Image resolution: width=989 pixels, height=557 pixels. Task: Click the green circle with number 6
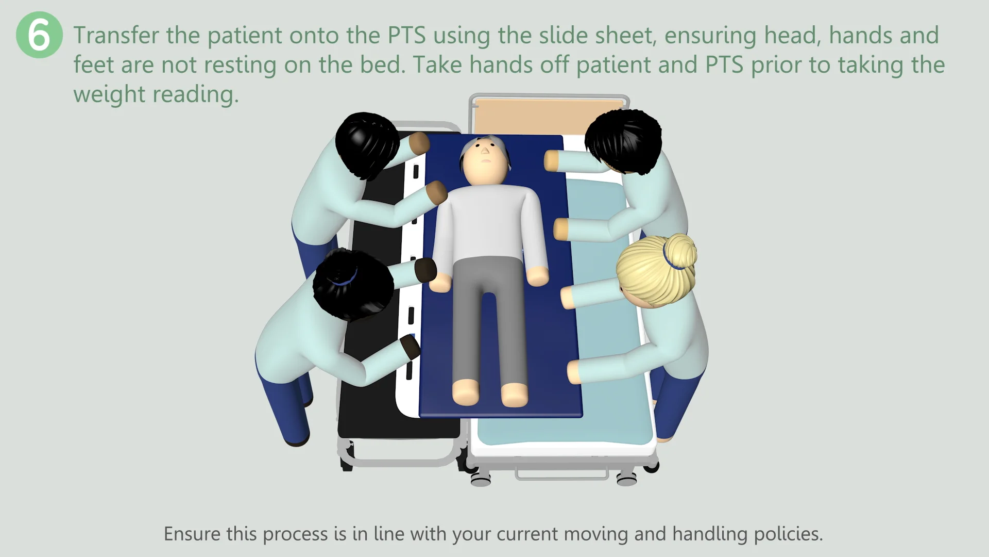tap(39, 35)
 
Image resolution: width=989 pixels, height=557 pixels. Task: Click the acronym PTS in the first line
tap(406, 36)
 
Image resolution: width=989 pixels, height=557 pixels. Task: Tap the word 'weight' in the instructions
tap(109, 94)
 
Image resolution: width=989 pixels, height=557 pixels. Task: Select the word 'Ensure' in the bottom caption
tap(192, 534)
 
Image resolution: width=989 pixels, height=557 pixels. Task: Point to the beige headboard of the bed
tap(548, 116)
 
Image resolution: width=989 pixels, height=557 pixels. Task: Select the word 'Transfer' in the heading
tap(116, 36)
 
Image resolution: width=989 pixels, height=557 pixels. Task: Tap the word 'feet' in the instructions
tap(93, 65)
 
